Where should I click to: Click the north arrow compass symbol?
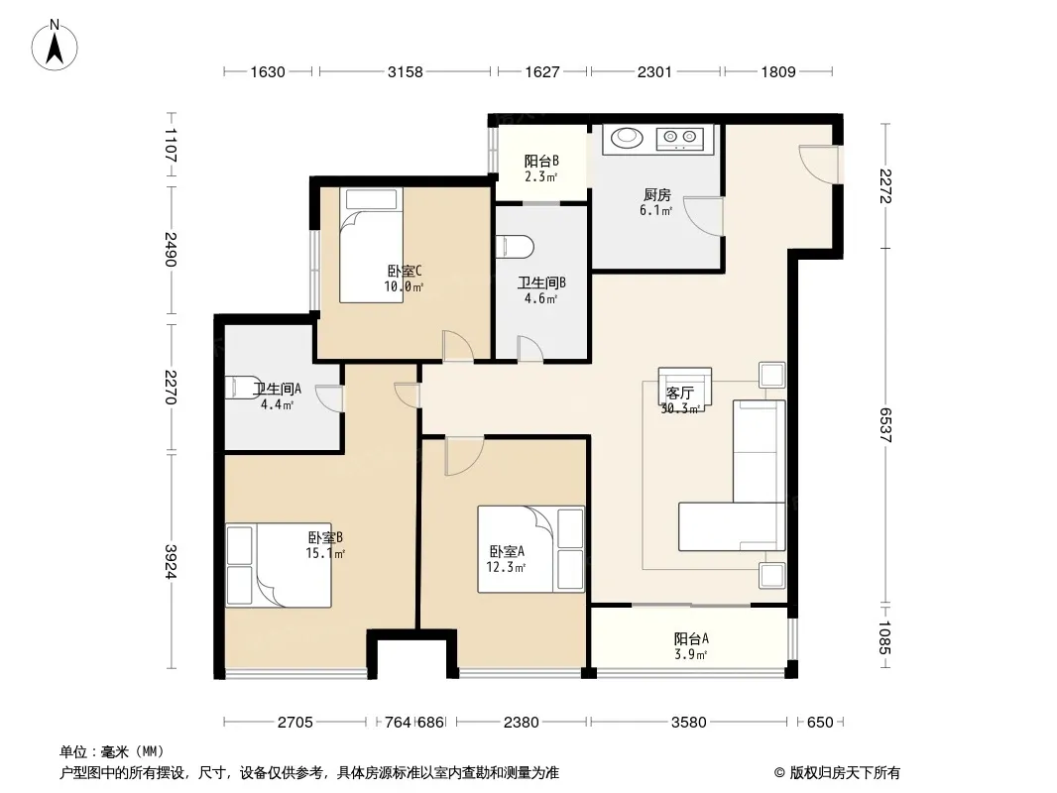55,46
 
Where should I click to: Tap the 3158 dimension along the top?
406,71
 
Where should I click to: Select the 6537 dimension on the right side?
885,425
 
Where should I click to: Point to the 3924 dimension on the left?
171,561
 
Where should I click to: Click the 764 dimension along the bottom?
398,723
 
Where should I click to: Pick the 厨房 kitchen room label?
656,194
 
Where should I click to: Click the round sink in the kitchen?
628,138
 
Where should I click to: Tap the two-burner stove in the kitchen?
679,139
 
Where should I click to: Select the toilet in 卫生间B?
515,247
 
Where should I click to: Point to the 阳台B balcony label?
541,161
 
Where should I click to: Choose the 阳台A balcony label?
691,638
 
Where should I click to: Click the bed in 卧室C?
371,245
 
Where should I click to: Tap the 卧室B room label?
325,537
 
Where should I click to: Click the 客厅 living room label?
679,393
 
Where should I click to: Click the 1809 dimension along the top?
778,71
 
